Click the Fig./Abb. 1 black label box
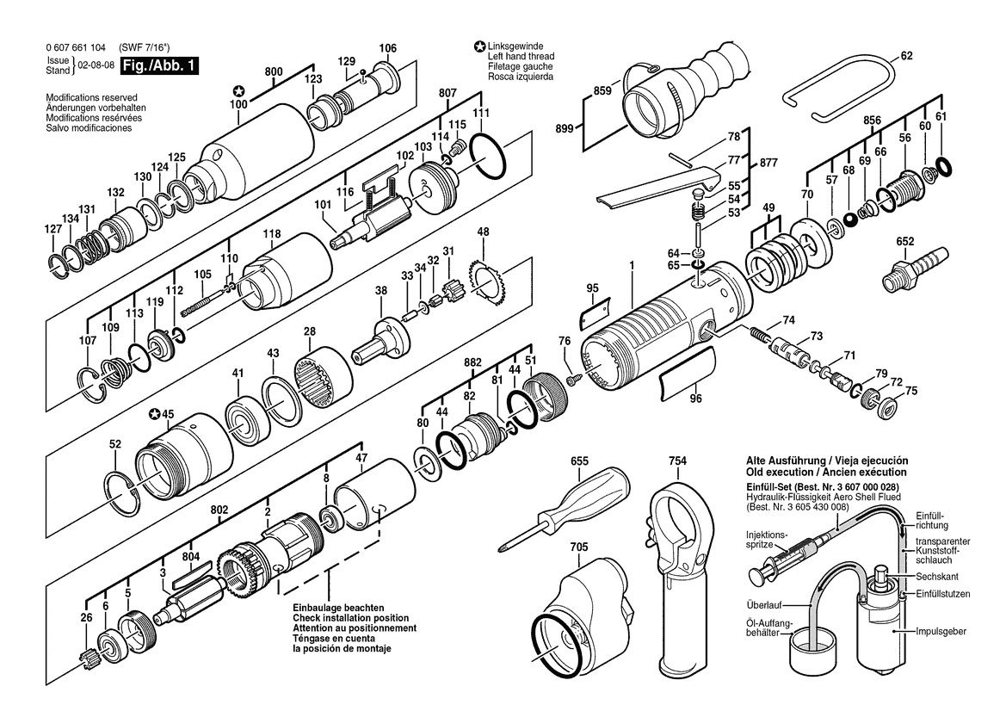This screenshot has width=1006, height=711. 160,65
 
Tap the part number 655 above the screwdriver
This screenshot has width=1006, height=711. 579,461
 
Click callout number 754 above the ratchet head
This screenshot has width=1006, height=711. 677,461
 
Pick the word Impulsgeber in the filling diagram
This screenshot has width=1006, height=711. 941,632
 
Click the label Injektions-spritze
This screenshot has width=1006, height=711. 766,540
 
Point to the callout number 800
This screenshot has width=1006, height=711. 274,71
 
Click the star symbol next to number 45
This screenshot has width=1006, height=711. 155,414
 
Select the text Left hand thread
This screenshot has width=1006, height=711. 521,57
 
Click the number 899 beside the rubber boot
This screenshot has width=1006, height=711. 565,129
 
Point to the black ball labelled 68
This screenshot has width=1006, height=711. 851,219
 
